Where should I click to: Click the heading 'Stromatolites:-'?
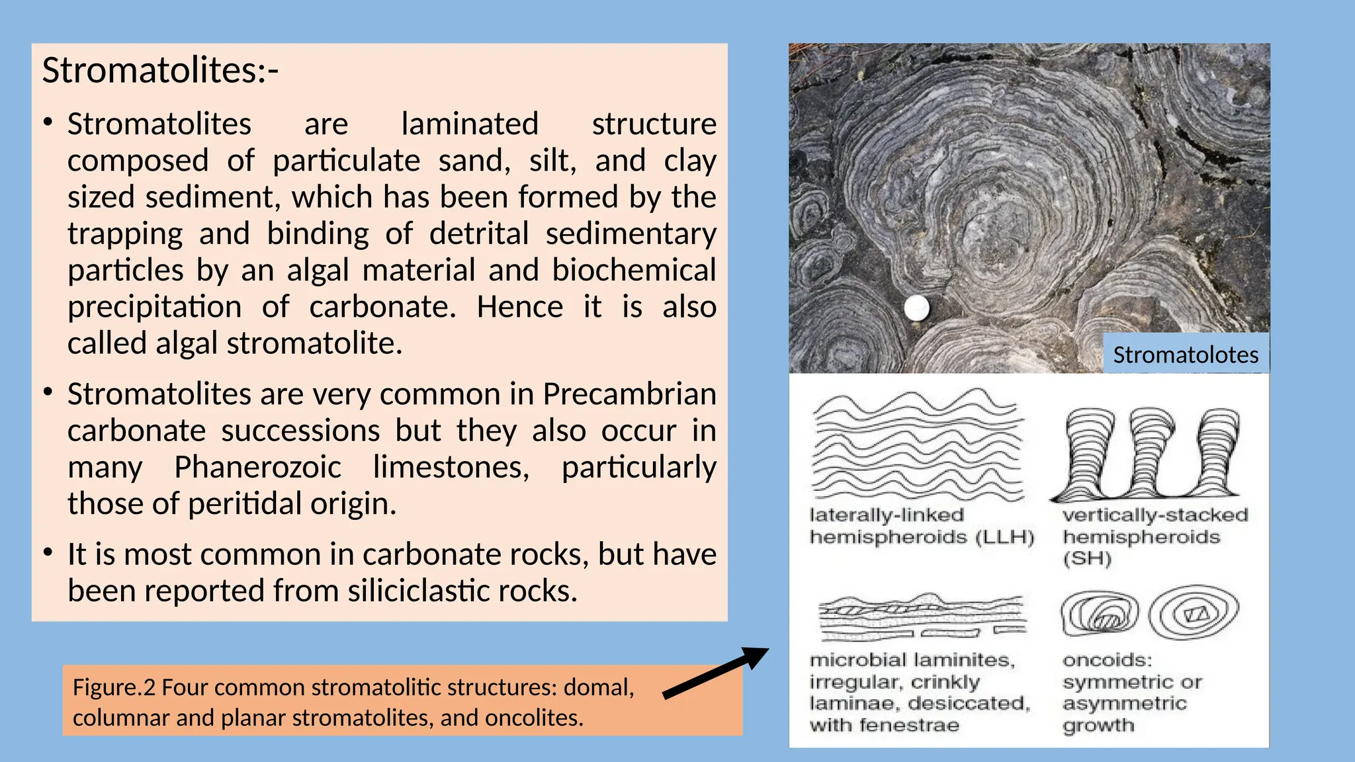160,70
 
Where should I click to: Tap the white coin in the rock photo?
916,308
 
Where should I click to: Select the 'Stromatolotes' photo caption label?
1186,355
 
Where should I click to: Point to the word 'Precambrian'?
629,394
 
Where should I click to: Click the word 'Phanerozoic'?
257,467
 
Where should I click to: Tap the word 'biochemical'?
634,271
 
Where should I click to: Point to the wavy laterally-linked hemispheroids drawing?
918,444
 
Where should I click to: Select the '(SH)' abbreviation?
1087,559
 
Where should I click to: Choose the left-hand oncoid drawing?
1100,614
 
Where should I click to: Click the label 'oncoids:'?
1107,660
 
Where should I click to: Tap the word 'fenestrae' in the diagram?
910,726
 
